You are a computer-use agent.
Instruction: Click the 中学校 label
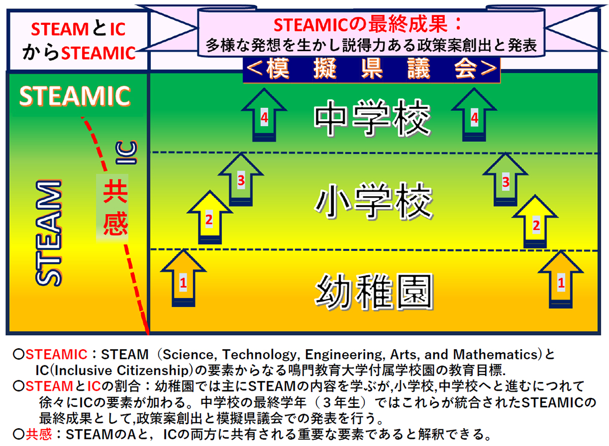pos(372,120)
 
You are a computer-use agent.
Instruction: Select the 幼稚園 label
pos(374,291)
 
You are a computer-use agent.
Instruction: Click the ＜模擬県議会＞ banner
pos(371,69)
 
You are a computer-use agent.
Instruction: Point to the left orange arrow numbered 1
pos(183,281)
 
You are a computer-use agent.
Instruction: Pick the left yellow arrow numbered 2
pos(209,218)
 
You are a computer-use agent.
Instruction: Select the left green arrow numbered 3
pos(242,180)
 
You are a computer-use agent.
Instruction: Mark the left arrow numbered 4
pos(263,117)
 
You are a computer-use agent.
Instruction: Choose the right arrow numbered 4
pos(474,117)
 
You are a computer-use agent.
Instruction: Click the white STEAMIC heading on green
pos(75,96)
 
